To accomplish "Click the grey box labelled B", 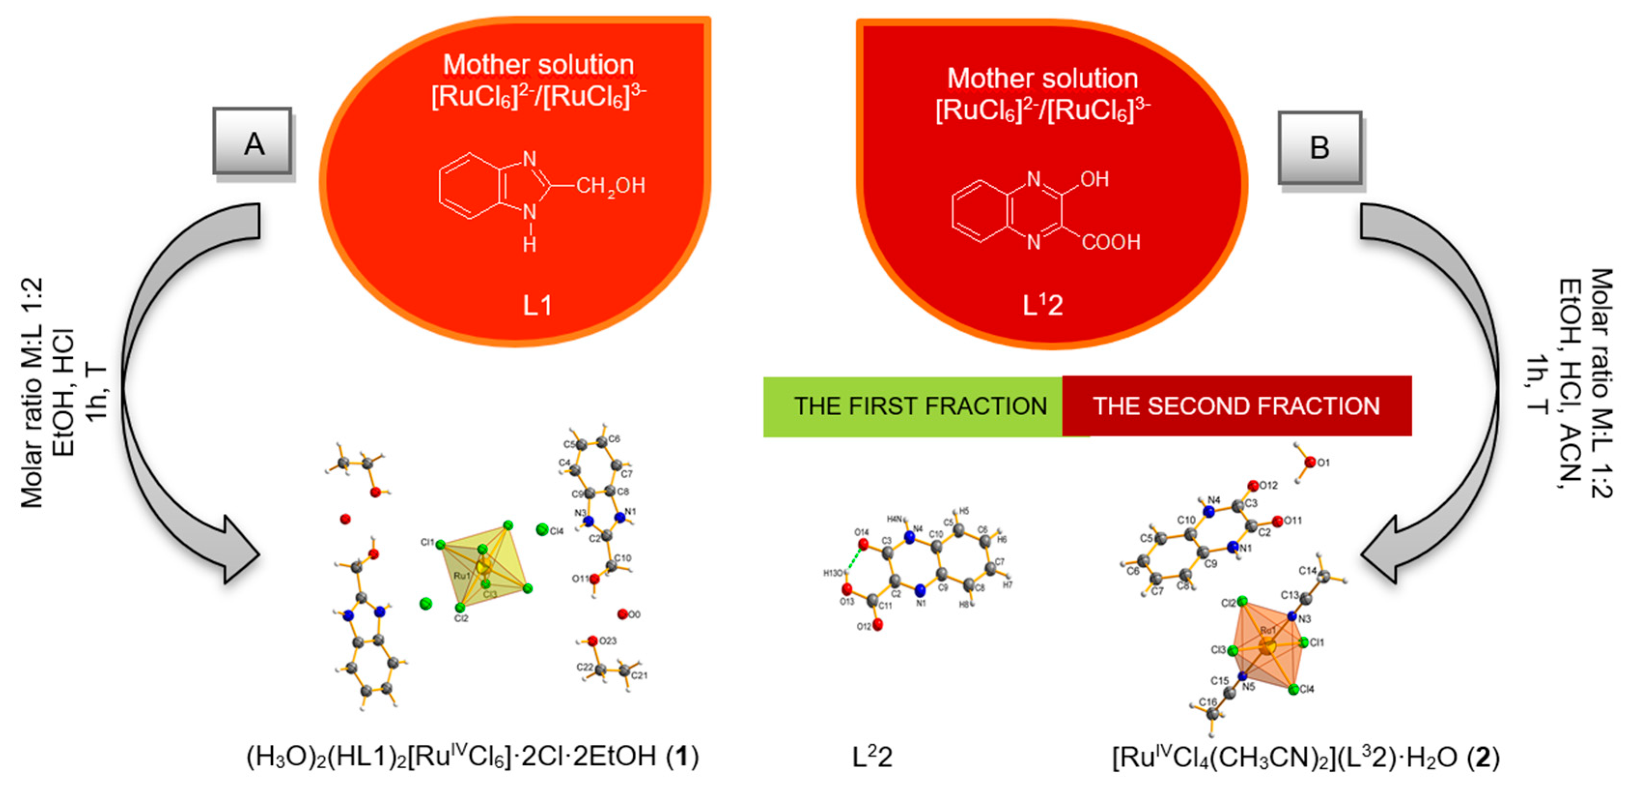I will pyautogui.click(x=1319, y=147).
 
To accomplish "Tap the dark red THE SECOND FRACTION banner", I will pyautogui.click(x=1236, y=406).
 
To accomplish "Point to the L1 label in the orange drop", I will pyautogui.click(x=537, y=306).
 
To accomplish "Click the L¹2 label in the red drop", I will pyautogui.click(x=1042, y=305).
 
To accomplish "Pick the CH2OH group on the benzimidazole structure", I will pyautogui.click(x=610, y=186).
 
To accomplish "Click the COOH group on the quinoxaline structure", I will pyautogui.click(x=1111, y=242).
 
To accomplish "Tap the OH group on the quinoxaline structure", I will pyautogui.click(x=1095, y=179).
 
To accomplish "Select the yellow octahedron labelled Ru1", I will pyautogui.click(x=484, y=565).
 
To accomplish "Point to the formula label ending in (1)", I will pyautogui.click(x=472, y=757).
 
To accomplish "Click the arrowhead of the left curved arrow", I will pyautogui.click(x=239, y=550).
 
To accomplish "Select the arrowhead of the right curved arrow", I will pyautogui.click(x=1382, y=552).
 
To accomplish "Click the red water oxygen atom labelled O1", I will pyautogui.click(x=1310, y=462).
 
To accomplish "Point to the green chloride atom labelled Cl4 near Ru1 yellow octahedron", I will pyautogui.click(x=542, y=529).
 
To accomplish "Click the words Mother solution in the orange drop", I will pyautogui.click(x=538, y=65).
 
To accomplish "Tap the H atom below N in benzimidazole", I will pyautogui.click(x=529, y=244).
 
